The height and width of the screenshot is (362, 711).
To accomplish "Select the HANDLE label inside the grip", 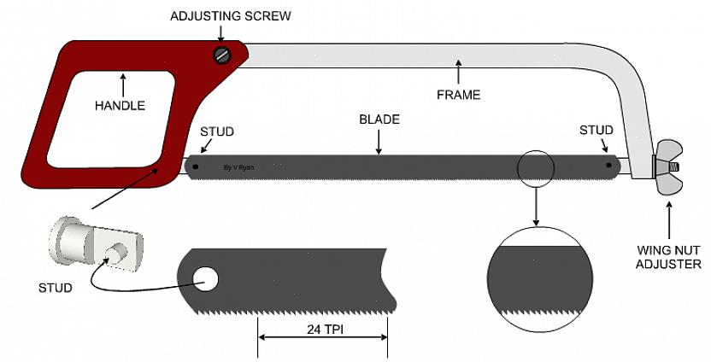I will click(120, 106).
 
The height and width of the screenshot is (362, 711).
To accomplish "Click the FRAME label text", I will click(459, 95).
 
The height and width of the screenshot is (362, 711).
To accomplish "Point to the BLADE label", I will click(379, 120).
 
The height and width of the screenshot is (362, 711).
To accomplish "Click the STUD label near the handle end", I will click(216, 131).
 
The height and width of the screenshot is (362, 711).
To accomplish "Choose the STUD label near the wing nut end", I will click(596, 130).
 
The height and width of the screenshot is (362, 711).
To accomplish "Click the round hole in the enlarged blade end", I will click(207, 278).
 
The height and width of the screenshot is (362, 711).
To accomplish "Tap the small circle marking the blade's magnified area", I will click(536, 167).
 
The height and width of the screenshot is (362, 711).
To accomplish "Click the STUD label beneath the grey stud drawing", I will click(56, 288).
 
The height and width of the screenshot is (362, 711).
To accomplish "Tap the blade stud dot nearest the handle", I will click(196, 166).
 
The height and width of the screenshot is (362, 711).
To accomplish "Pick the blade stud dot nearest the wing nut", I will click(608, 166).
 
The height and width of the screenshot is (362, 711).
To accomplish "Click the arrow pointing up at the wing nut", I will click(668, 218).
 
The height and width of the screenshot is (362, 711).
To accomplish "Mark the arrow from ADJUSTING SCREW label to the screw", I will click(220, 33).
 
